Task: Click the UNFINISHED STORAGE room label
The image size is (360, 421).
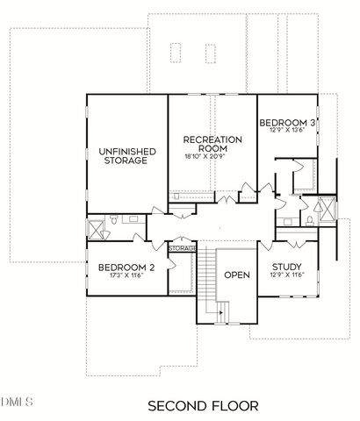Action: tap(126, 156)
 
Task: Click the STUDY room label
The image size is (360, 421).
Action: tap(288, 268)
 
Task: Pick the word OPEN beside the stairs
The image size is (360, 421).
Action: tap(236, 275)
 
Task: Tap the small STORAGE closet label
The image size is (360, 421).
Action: tap(182, 249)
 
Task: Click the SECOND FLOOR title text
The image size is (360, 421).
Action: tap(203, 405)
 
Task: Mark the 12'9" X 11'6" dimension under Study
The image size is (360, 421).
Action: tap(288, 277)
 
